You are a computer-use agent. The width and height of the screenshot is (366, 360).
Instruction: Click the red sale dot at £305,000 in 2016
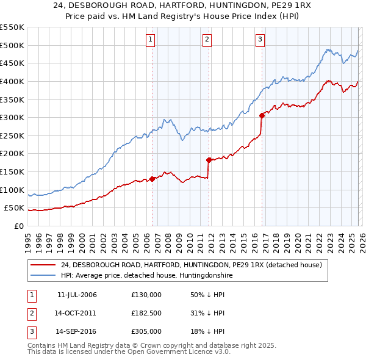click(262, 115)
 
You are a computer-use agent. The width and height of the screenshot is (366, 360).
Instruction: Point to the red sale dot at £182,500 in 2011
click(209, 160)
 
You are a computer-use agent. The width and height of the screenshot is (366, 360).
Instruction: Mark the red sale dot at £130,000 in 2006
click(152, 179)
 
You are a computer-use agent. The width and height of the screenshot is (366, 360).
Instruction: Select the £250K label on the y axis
click(12, 135)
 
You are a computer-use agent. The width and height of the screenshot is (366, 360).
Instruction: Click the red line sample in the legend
click(43, 265)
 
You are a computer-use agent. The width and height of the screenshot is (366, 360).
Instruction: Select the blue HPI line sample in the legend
click(43, 276)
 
